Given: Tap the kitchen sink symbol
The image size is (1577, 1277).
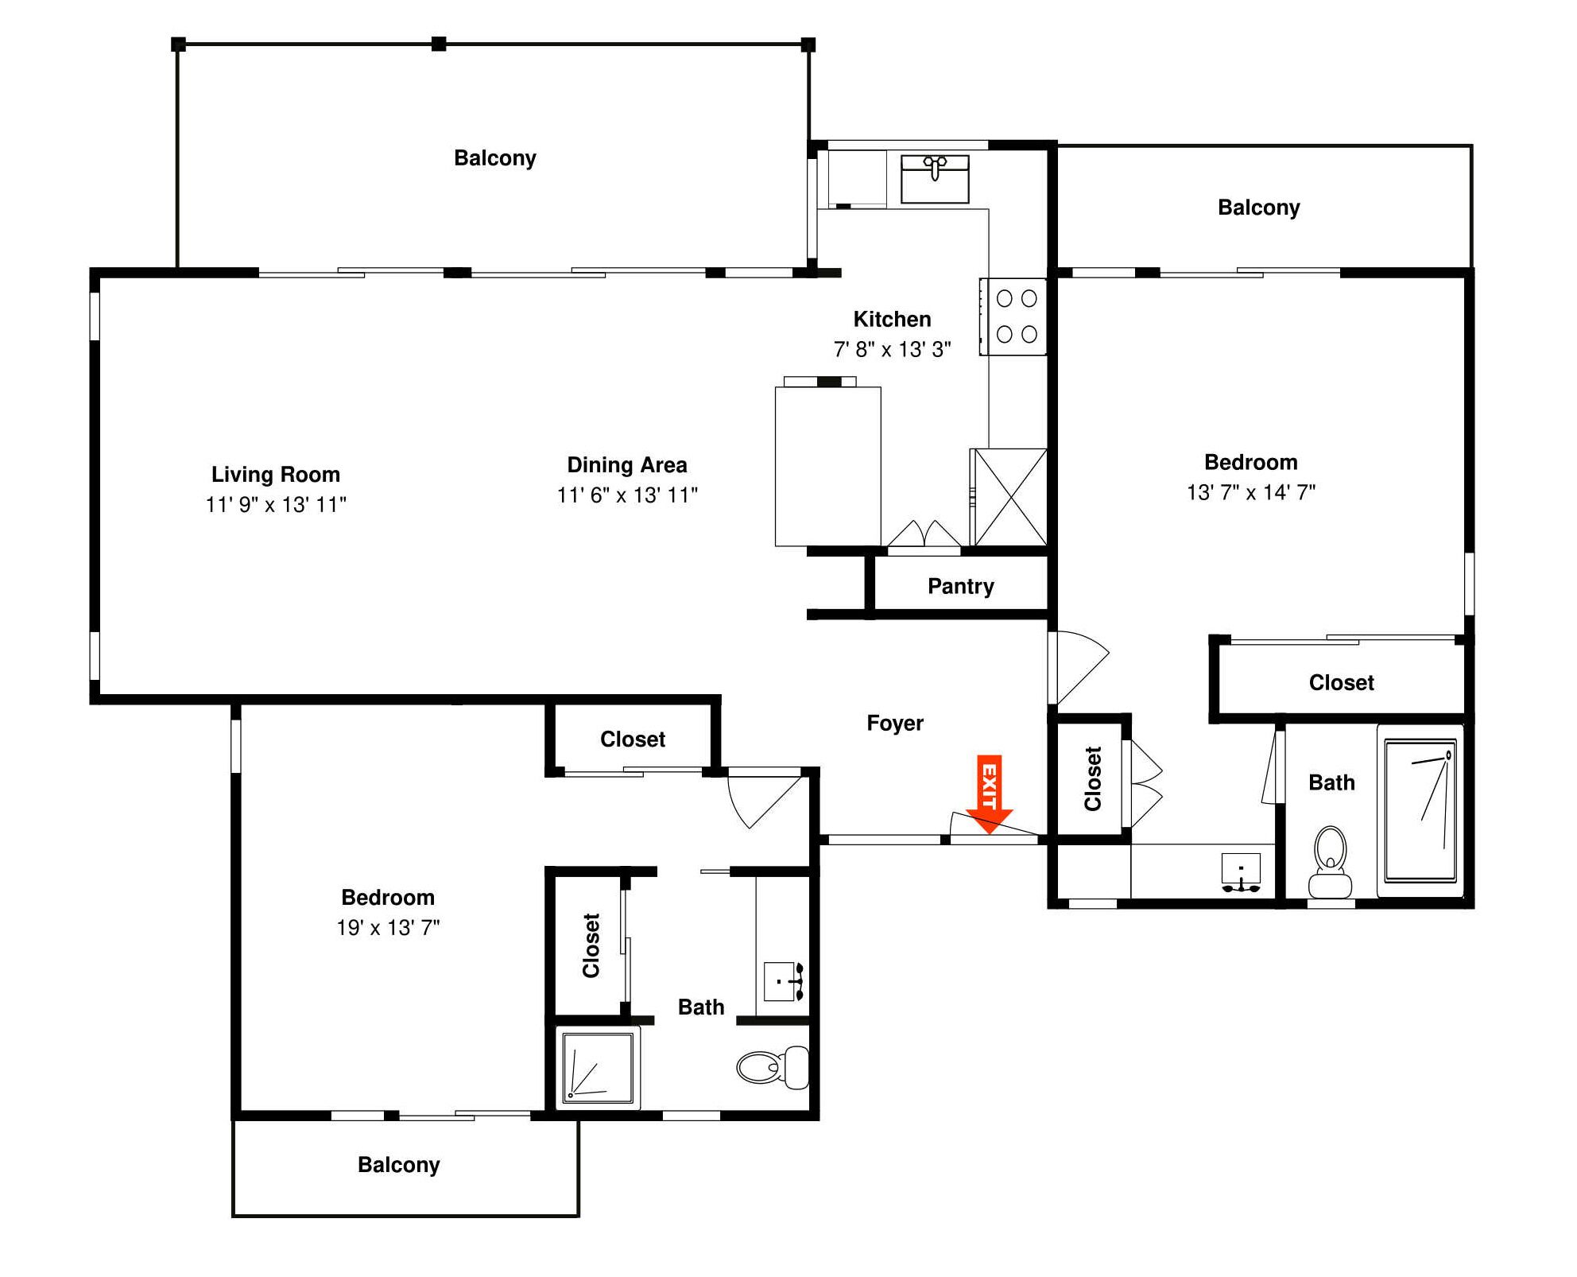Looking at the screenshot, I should [x=934, y=179].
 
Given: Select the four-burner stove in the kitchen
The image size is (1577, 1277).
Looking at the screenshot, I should [x=1013, y=316].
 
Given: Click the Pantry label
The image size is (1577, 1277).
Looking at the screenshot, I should [x=960, y=587].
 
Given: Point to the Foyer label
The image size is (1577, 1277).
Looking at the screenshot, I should [x=894, y=724].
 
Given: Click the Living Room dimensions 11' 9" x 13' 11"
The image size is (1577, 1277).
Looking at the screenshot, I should [x=276, y=505].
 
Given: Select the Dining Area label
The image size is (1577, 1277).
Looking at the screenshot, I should [x=626, y=465].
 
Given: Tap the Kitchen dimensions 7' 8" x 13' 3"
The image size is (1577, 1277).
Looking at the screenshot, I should [x=892, y=350].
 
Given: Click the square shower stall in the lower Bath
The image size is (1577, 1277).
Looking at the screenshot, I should [x=598, y=1068].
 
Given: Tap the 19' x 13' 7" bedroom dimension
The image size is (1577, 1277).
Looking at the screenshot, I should [x=388, y=928].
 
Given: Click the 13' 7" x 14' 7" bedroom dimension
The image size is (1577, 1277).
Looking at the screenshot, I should [x=1250, y=493].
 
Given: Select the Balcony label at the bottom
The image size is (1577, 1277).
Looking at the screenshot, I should [x=398, y=1165].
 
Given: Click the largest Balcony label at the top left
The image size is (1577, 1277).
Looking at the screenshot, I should [x=494, y=158].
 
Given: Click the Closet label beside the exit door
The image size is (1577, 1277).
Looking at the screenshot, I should [x=1092, y=778].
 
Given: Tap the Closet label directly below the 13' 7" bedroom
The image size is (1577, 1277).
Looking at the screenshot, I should [x=1341, y=683].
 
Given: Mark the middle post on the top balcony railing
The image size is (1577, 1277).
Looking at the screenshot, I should [x=439, y=44].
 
